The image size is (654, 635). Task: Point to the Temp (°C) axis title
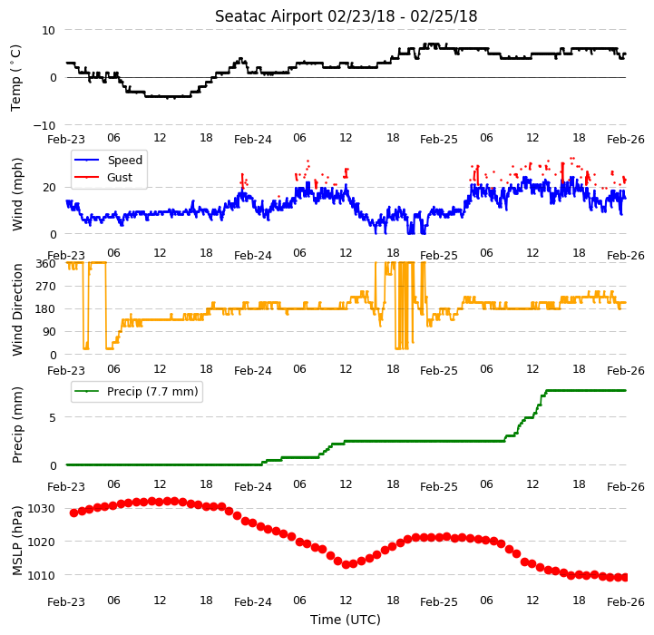coord(15,78)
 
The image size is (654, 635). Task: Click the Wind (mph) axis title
coord(16,194)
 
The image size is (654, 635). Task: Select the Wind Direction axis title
coord(16,309)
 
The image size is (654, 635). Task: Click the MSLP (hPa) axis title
coord(16,541)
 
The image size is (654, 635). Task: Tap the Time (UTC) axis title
coord(346,620)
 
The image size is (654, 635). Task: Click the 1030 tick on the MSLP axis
coord(41,509)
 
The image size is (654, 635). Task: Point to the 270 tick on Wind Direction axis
coord(46,287)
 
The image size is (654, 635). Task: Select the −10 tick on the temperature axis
coord(44,125)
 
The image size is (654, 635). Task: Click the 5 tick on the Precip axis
coord(53,418)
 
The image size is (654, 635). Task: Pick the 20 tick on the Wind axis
coord(49,188)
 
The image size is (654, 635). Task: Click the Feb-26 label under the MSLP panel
coord(626,602)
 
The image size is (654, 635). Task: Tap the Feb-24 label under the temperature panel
coord(253,140)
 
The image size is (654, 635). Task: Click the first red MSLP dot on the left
coord(73,513)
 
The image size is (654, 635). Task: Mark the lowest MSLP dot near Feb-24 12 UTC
coord(346,564)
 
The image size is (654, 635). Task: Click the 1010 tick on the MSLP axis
coord(41,576)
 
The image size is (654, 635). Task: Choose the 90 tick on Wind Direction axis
coord(49,332)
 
